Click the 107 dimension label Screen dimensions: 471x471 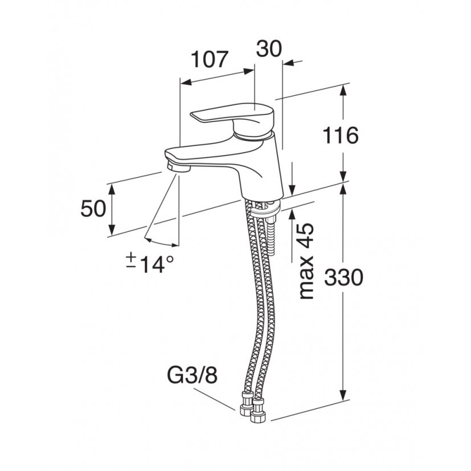(210, 59)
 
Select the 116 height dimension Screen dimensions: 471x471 (341, 136)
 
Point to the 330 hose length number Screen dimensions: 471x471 (343, 277)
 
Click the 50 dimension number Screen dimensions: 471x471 (93, 208)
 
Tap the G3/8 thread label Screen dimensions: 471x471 (192, 375)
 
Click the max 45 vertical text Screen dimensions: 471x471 (306, 261)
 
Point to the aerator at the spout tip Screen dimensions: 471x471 (178, 167)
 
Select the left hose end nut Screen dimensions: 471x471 (246, 403)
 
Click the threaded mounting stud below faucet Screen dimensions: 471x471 (271, 237)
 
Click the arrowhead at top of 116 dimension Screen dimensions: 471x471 (343, 91)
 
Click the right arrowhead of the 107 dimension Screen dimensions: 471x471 (249, 72)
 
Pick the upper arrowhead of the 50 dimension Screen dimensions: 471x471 (112, 190)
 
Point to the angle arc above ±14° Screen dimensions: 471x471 (161, 243)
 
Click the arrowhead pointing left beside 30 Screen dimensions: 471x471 (289, 63)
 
